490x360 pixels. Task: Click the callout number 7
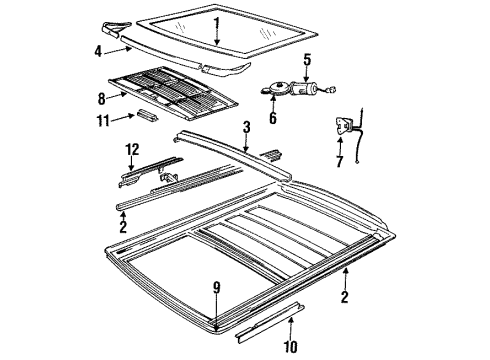tap(338, 162)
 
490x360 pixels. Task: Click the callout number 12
tap(130, 150)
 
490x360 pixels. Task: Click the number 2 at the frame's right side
tap(344, 296)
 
